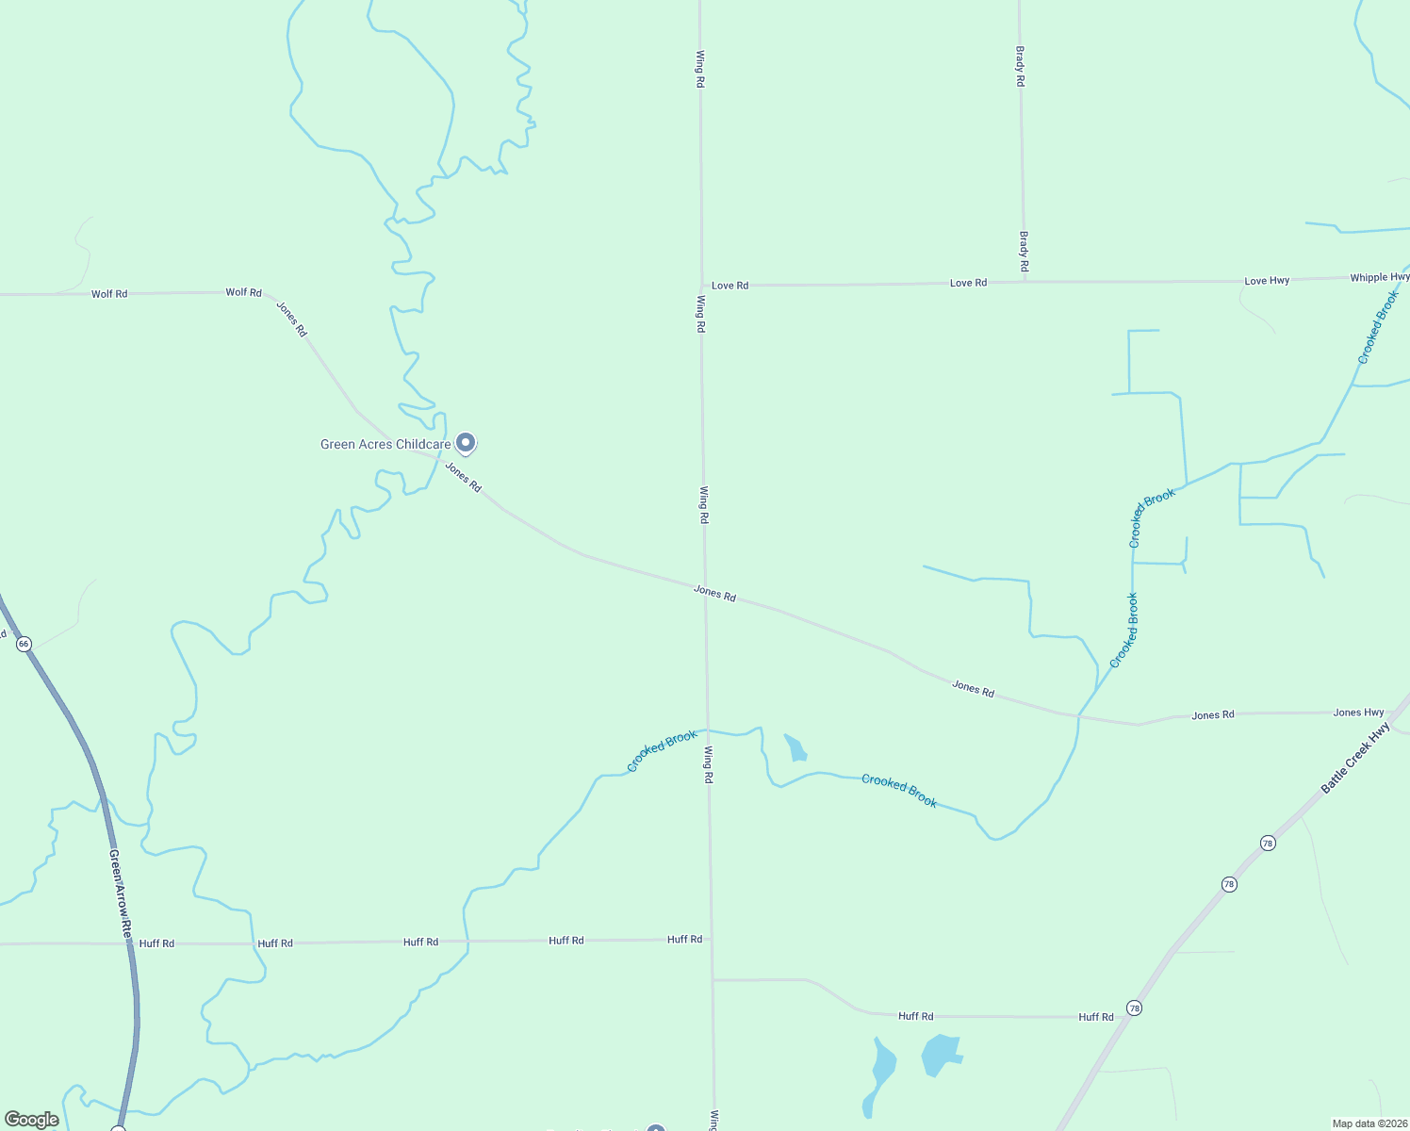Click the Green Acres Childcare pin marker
pyautogui.click(x=465, y=442)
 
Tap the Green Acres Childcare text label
pyautogui.click(x=385, y=444)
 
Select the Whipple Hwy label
pyautogui.click(x=1380, y=277)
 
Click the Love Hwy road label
pyautogui.click(x=1267, y=281)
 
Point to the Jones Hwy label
pyautogui.click(x=1358, y=713)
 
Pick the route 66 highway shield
pyautogui.click(x=24, y=644)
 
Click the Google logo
pyautogui.click(x=31, y=1120)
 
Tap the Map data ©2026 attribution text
pyautogui.click(x=1369, y=1123)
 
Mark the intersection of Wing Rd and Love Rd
pyautogui.click(x=701, y=285)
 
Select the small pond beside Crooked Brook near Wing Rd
pyautogui.click(x=796, y=748)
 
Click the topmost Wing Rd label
pyautogui.click(x=700, y=69)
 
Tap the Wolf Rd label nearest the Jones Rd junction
pyautogui.click(x=243, y=292)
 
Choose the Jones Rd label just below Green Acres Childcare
pyautogui.click(x=463, y=477)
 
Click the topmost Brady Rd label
pyautogui.click(x=1020, y=67)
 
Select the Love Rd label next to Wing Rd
pyautogui.click(x=730, y=285)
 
